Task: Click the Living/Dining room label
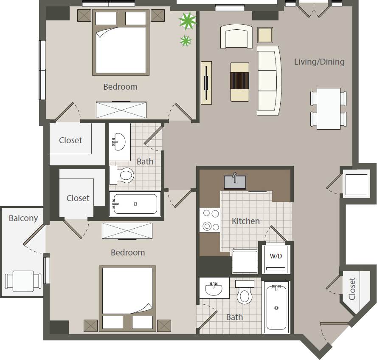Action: (319, 62)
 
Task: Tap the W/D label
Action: (276, 256)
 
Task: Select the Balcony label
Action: (23, 218)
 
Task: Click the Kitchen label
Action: (245, 221)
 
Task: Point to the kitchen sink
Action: (236, 182)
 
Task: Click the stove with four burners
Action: (210, 220)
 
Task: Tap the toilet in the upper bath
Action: (122, 175)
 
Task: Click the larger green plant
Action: (187, 21)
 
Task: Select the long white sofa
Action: (269, 81)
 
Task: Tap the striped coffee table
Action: (240, 82)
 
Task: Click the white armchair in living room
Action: (236, 37)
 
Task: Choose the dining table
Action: (329, 108)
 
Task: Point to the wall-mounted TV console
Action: (206, 82)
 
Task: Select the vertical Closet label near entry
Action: (352, 289)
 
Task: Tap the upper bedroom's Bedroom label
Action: (120, 87)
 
